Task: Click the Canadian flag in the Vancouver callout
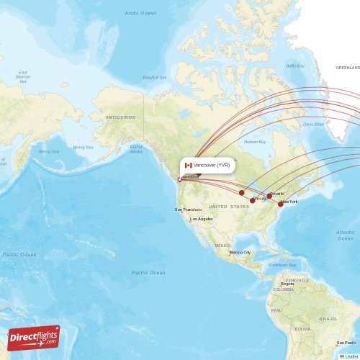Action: coord(189,165)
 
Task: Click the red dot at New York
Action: coord(281,204)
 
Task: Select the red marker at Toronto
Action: coord(269,195)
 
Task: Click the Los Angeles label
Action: coord(201,219)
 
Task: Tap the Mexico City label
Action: coord(240,253)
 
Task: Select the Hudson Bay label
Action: coord(255,142)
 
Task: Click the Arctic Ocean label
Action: coord(140,13)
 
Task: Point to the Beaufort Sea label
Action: coord(155,77)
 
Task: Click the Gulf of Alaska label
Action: coord(135,148)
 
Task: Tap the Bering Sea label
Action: coord(48,152)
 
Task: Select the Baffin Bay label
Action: coord(295,66)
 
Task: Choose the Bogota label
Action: coord(287,284)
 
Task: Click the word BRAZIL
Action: coord(328,318)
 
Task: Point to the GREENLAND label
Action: coord(347,67)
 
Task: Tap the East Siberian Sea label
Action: coord(23,77)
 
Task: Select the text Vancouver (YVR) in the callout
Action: coord(212,165)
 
